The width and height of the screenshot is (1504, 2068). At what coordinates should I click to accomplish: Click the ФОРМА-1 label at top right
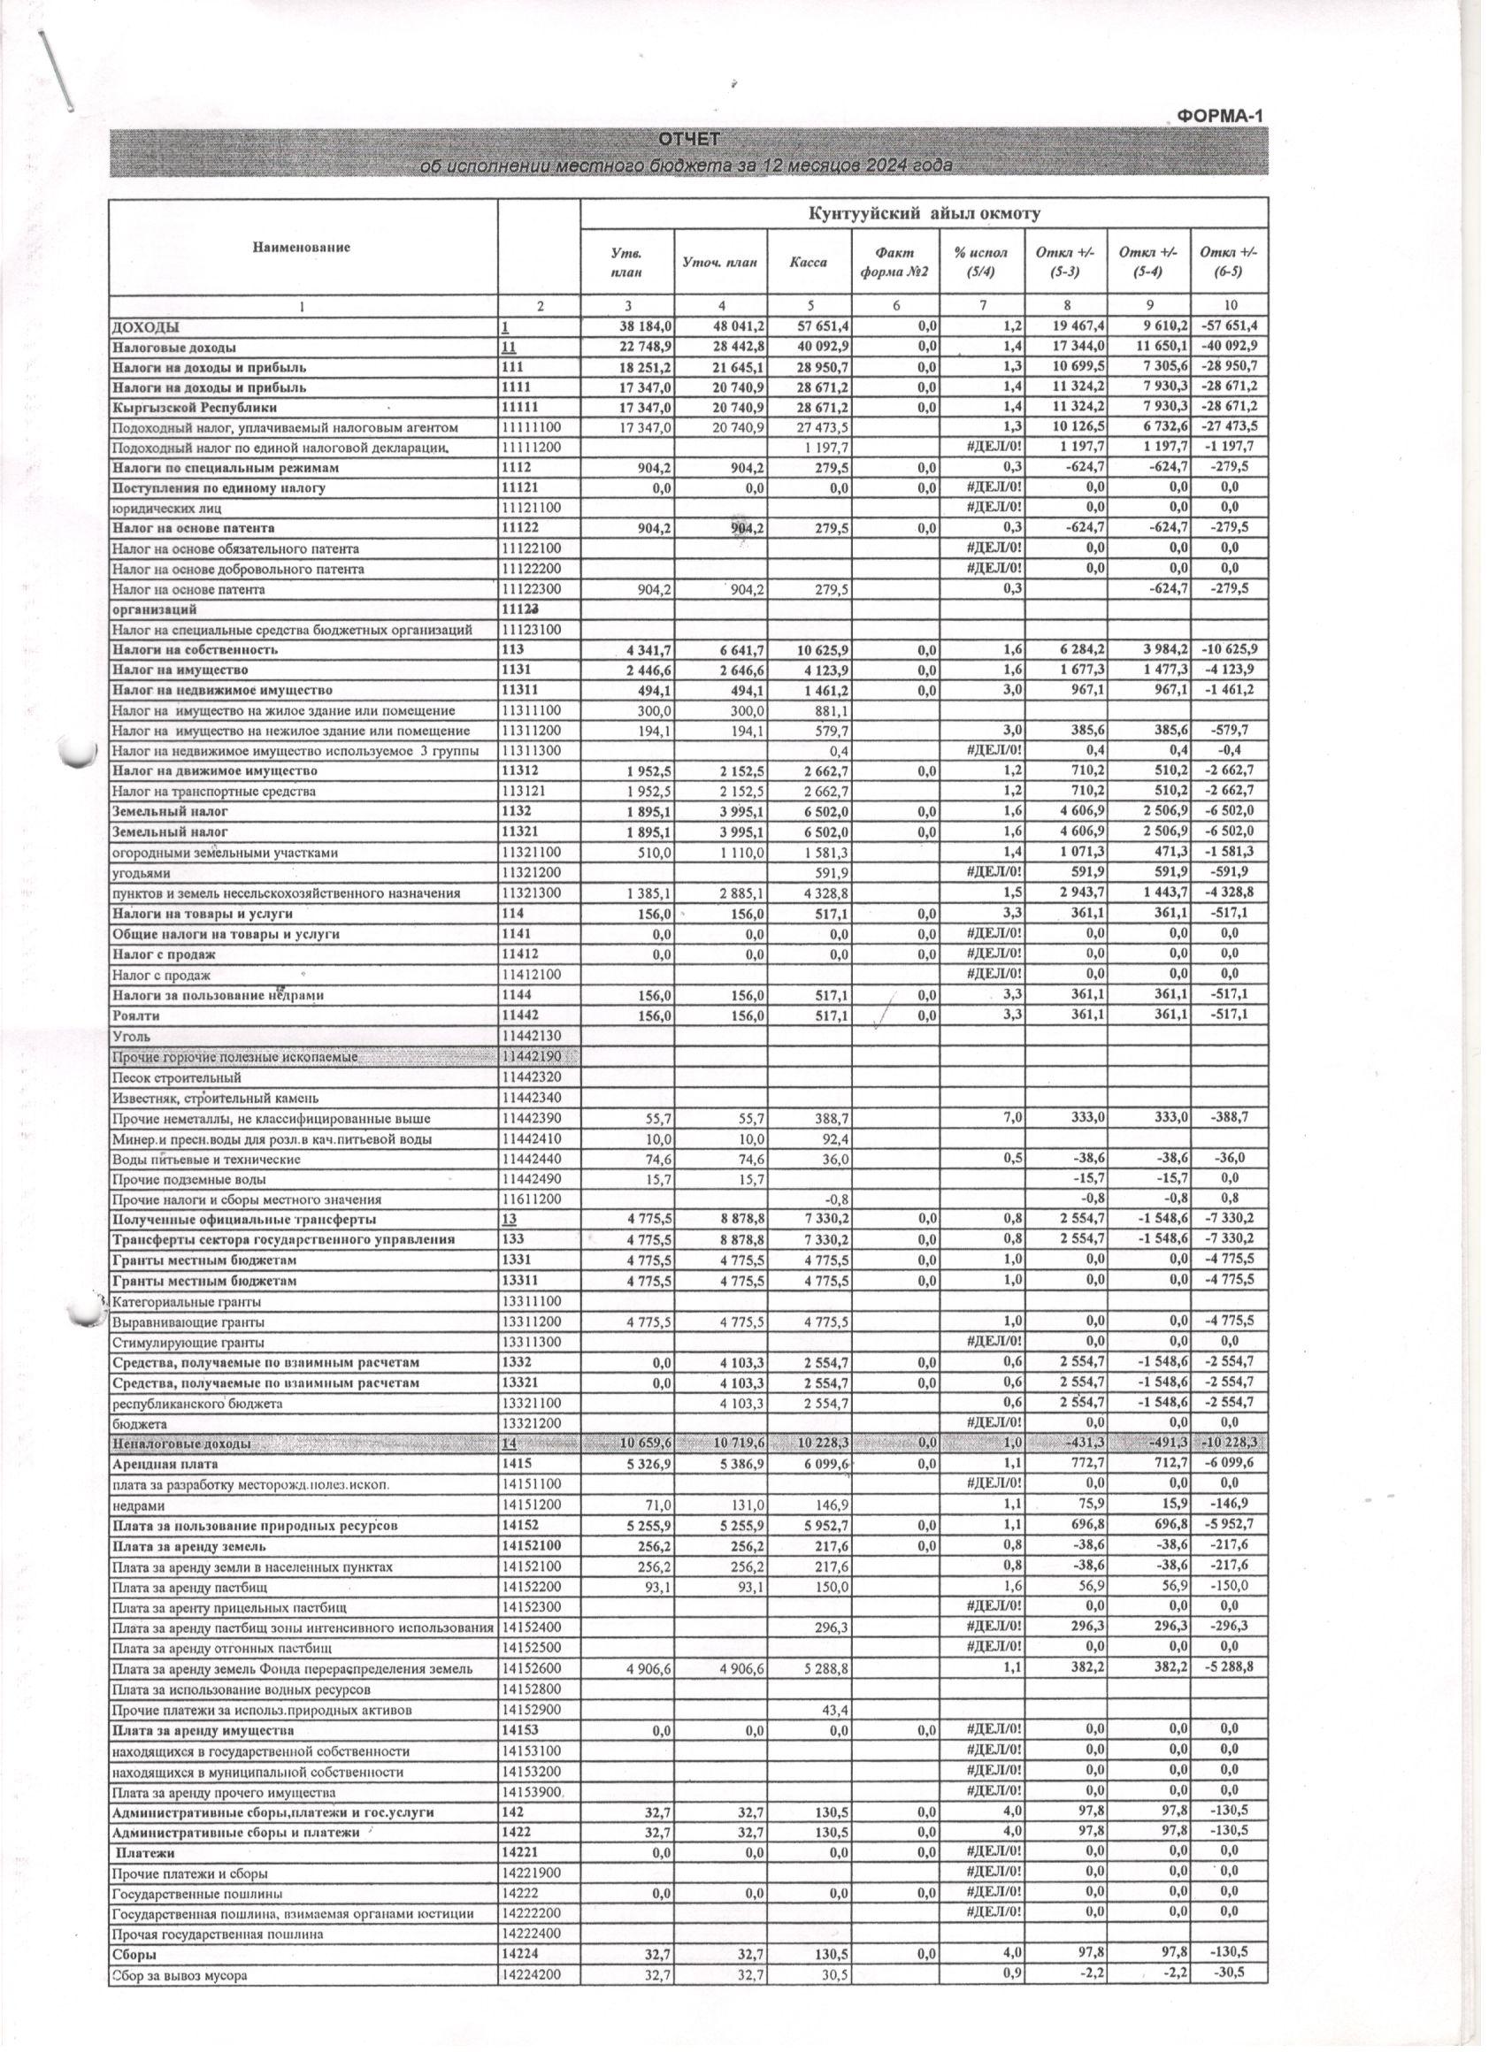1217,116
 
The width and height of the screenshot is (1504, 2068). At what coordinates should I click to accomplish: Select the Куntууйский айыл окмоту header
924,213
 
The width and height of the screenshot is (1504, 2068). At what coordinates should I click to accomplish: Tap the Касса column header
808,262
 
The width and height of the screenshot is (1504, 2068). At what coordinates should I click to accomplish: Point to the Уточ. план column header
719,262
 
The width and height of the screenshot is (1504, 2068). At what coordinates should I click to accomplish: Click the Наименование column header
301,246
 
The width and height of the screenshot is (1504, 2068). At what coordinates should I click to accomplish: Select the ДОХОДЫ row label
146,326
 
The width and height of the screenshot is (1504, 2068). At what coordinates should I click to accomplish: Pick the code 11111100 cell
536,427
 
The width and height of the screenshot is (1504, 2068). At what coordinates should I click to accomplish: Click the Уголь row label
131,1037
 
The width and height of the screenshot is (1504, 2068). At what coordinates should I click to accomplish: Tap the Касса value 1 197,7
827,448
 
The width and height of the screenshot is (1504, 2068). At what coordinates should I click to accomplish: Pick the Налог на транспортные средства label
213,792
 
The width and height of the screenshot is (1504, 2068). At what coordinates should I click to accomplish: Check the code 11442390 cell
536,1119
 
